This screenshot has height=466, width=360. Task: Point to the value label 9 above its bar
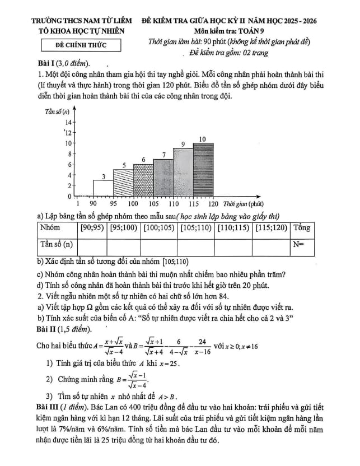(183, 145)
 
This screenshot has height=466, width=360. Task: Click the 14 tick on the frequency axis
(68, 122)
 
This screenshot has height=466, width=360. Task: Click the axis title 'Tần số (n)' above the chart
(57, 111)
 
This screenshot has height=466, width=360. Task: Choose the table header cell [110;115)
(233, 229)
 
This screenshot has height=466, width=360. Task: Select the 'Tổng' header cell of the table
(301, 229)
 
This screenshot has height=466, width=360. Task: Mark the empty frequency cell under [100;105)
(158, 245)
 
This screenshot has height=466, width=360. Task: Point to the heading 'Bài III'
(47, 405)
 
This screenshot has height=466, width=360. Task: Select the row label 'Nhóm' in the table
(50, 229)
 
